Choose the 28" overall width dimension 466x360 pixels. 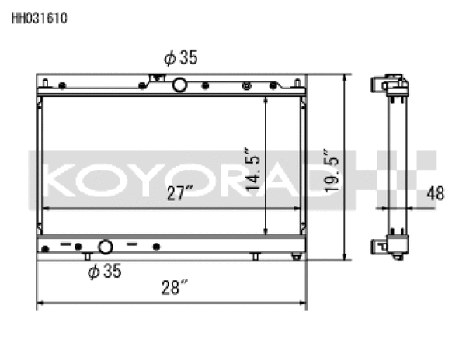tap(175, 289)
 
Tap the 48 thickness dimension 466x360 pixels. tap(436, 194)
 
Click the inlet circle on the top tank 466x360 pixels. tap(179, 85)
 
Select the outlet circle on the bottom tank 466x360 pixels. tap(104, 247)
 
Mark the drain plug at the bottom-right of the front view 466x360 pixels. tap(296, 256)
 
